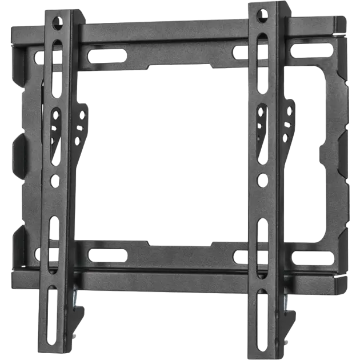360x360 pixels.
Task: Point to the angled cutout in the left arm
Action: [55, 131]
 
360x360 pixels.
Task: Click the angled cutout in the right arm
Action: [262, 125]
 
